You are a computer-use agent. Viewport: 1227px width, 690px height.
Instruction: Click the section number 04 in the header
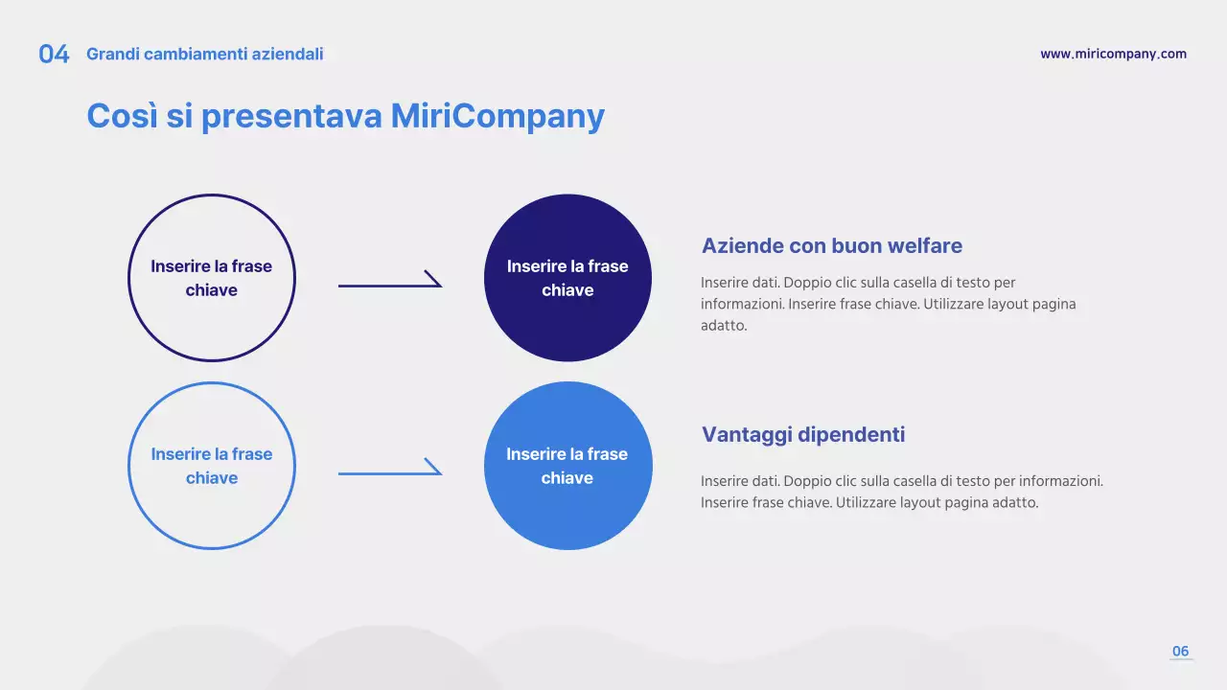pos(54,55)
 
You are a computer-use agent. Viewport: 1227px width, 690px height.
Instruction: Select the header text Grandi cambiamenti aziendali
pos(205,55)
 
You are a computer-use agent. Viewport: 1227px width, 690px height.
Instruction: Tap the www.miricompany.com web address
pos(1114,54)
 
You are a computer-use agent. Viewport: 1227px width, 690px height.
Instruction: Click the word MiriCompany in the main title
pos(498,116)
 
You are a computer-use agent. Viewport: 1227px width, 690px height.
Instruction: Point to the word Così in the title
pos(122,116)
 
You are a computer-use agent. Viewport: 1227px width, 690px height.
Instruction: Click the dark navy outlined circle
pos(128,278)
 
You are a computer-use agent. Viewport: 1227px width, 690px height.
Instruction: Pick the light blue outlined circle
pos(128,466)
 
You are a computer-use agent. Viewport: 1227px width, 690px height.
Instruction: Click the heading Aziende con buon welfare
pos(831,246)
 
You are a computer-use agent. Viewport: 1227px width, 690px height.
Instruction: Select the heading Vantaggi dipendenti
pos(803,435)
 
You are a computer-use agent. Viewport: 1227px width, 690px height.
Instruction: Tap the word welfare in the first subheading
pos(925,246)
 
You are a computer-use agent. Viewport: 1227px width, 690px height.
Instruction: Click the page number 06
pos(1180,651)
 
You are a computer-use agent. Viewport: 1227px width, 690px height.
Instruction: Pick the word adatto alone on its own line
pos(724,325)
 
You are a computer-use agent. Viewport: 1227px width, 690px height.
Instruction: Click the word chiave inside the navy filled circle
pos(567,289)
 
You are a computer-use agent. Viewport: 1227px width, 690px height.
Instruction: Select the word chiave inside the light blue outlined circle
pos(212,477)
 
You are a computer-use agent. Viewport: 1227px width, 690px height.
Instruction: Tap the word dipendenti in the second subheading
pos(851,435)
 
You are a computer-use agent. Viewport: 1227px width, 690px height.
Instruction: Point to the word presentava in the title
pos(291,116)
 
